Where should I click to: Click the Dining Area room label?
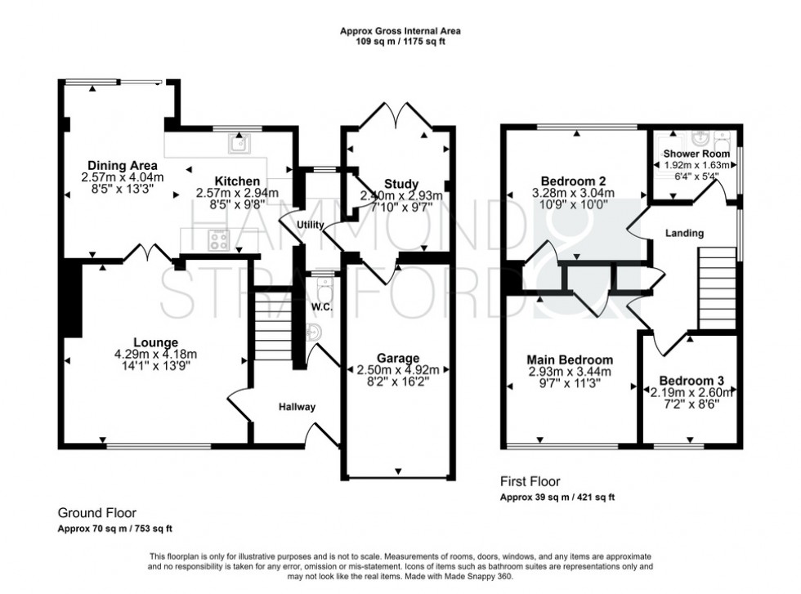point(123,166)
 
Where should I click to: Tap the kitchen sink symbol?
point(239,143)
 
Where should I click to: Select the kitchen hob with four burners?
point(219,240)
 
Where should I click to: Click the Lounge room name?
point(156,342)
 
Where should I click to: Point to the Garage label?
point(398,358)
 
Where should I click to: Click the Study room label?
point(401,184)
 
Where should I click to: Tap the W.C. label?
point(322,307)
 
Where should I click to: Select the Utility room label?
point(311,225)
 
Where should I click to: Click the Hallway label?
point(297,407)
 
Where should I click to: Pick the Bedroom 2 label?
point(573,181)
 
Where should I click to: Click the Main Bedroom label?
point(570,360)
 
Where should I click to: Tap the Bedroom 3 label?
point(691,381)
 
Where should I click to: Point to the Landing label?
point(684,233)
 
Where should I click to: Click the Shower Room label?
point(696,154)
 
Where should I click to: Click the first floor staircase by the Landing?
point(718,288)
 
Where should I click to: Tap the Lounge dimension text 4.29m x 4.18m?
point(156,354)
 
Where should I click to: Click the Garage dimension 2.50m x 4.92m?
point(398,370)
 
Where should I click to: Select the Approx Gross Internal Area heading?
point(400,31)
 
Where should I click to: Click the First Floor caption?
point(530,481)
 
